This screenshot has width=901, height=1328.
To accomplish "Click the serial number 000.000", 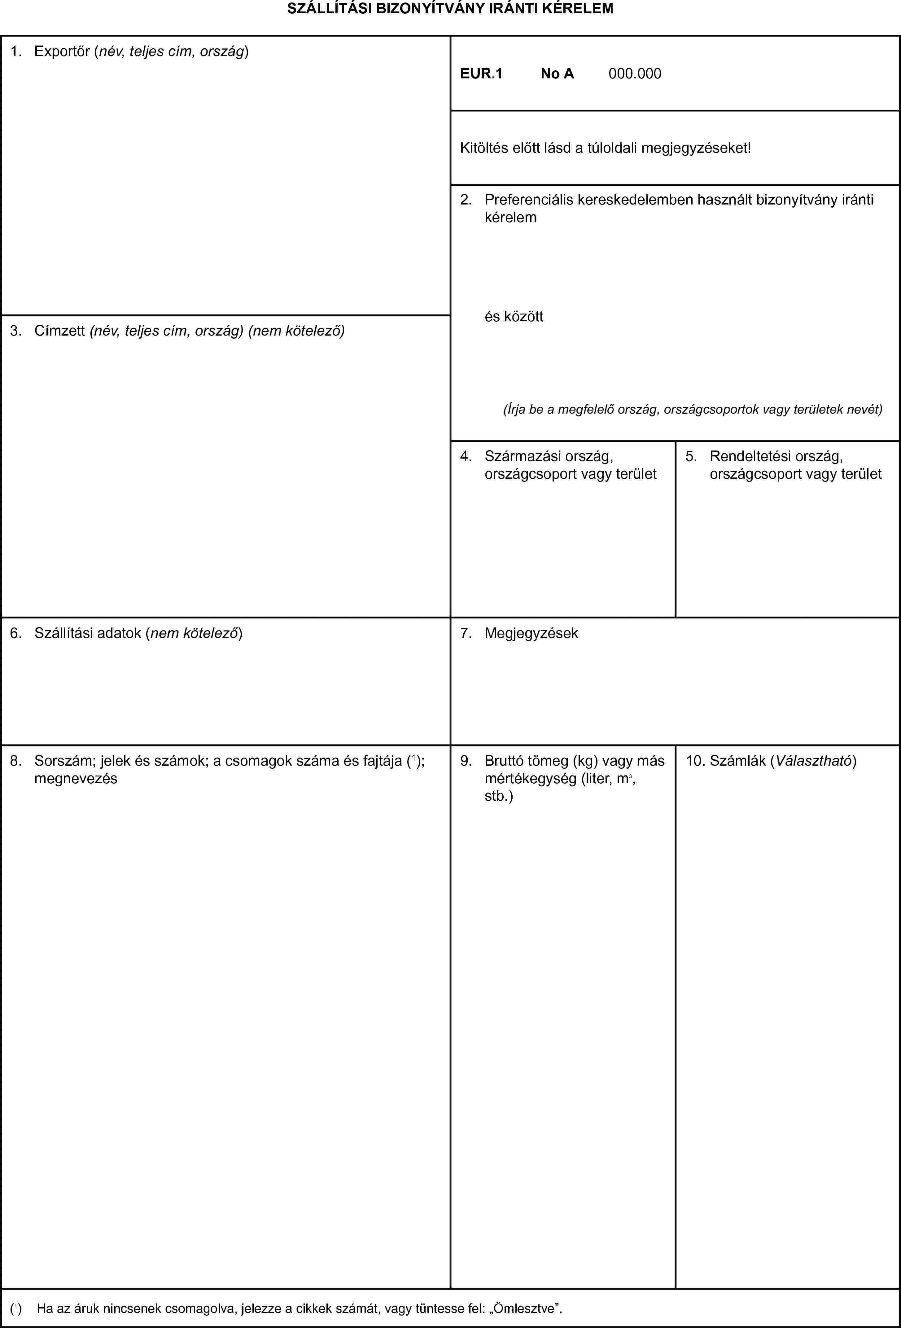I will (x=635, y=74).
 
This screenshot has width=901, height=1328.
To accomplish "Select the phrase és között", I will (x=514, y=317).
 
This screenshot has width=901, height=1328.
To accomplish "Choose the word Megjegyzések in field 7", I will (x=531, y=633).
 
